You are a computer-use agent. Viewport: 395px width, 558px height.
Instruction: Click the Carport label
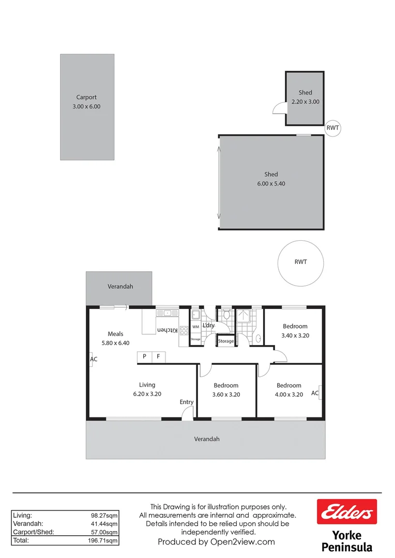click(86, 97)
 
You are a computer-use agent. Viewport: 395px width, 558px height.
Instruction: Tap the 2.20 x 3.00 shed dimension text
click(306, 102)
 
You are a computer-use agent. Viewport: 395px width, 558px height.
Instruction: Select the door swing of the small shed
click(280, 107)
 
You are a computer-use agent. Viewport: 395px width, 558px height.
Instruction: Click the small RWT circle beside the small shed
click(333, 128)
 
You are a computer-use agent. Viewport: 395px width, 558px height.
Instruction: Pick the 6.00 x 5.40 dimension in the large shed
click(271, 183)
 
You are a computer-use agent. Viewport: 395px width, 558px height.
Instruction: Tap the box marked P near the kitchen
click(144, 357)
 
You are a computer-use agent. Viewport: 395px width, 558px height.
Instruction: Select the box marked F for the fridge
click(159, 357)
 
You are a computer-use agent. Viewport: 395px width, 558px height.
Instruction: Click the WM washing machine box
click(195, 327)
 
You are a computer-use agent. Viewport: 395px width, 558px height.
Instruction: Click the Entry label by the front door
click(187, 402)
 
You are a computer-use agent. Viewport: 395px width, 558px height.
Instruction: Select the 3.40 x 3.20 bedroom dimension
click(295, 335)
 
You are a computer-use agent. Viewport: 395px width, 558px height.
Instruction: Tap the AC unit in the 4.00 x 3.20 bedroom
click(321, 393)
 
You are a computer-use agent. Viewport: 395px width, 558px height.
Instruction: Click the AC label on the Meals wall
click(94, 359)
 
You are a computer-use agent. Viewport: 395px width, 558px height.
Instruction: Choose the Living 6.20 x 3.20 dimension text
click(147, 394)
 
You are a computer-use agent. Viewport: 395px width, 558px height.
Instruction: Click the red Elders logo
click(347, 512)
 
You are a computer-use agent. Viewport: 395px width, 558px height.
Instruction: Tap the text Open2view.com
click(242, 542)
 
